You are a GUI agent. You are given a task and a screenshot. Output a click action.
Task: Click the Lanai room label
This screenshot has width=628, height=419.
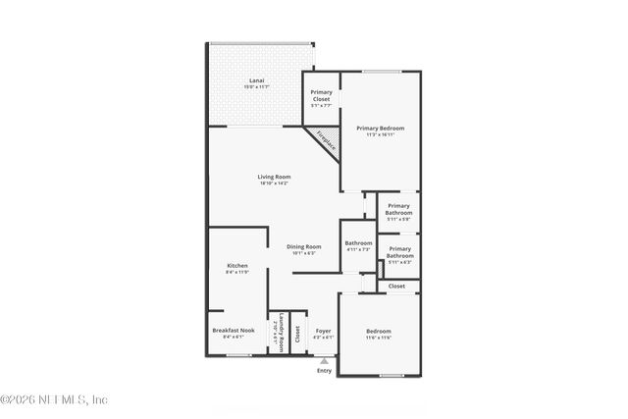[257, 79]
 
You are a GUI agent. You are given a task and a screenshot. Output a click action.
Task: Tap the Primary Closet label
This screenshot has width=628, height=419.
[321, 95]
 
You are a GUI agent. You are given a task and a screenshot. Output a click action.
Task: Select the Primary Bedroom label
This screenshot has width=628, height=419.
[380, 129]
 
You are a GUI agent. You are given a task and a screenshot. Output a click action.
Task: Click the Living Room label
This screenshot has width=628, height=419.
[274, 177]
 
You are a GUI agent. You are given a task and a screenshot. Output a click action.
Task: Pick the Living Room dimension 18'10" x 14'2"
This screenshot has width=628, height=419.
[274, 183]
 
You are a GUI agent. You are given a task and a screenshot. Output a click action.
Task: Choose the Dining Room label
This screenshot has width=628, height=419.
[304, 246]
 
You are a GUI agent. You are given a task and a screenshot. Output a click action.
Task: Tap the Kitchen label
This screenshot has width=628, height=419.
[237, 266]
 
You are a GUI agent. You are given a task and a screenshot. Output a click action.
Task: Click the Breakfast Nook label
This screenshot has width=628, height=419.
[234, 331]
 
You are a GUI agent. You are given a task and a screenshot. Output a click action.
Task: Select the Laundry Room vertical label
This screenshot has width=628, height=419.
[281, 332]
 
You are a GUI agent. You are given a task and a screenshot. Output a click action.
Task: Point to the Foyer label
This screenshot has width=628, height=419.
[323, 331]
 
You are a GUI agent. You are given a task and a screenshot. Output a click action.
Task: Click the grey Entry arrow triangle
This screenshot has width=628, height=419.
[324, 361]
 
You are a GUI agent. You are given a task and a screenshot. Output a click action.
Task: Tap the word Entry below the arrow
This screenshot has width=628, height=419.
[324, 371]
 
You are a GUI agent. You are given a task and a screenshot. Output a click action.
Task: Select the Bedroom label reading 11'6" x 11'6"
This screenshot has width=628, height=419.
[379, 334]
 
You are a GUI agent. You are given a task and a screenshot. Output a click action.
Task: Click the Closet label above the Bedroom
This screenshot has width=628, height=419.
[396, 286]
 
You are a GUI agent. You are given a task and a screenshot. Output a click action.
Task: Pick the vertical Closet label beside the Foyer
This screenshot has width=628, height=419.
[297, 333]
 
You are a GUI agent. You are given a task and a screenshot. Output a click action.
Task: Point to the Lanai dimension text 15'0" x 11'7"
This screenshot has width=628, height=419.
[257, 87]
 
